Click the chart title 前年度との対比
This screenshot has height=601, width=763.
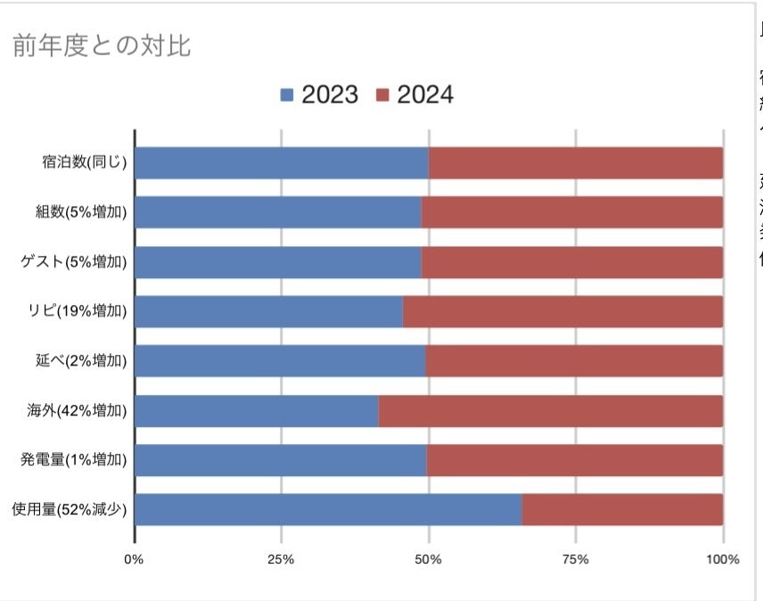[101, 46]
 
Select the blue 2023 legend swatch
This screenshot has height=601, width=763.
[286, 95]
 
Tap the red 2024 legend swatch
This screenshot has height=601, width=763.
[381, 95]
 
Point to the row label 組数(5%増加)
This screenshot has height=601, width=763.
[78, 212]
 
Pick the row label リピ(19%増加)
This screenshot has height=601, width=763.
[78, 311]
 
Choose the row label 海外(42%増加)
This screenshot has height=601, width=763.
[78, 411]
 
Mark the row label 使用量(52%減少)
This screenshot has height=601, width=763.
[70, 510]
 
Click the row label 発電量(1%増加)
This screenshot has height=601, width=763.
[74, 460]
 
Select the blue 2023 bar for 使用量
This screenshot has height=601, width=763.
[327, 510]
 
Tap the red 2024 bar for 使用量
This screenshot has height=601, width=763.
[622, 510]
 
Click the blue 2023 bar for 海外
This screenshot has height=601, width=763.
[256, 411]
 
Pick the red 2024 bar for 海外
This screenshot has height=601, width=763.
[550, 411]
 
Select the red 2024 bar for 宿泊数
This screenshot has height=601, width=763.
[575, 163]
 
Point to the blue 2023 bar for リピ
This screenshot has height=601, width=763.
[268, 311]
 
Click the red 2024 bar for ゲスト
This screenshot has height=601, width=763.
[571, 262]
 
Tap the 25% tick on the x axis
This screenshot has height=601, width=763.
[281, 560]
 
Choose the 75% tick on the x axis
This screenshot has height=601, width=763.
[576, 560]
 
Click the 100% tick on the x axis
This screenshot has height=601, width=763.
[722, 560]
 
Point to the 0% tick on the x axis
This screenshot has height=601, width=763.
[134, 560]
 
